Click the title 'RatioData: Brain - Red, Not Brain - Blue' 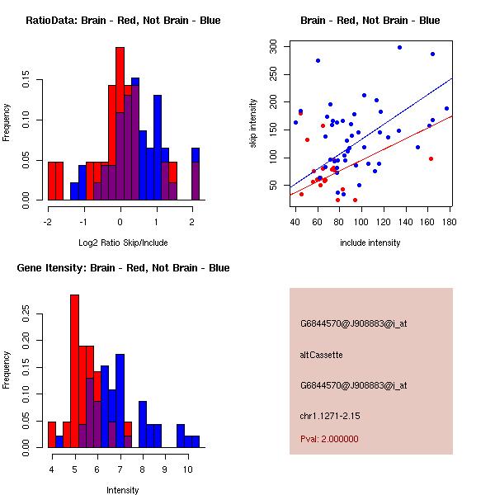tap(123, 20)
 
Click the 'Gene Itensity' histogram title tap(123, 268)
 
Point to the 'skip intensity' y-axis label tap(253, 123)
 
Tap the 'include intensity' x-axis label tap(370, 243)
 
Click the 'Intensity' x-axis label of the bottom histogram tap(123, 490)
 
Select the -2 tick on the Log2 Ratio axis tap(48, 221)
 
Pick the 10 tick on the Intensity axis tap(187, 469)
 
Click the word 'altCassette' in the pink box tap(321, 355)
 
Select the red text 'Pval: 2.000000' tap(329, 439)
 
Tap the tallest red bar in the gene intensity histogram tap(74, 371)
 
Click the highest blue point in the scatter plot tap(399, 48)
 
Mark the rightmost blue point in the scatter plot tap(446, 108)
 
